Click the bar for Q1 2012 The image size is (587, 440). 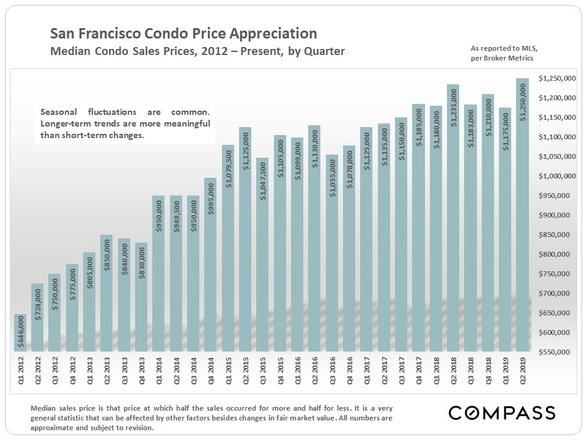20,333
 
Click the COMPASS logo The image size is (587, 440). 501,413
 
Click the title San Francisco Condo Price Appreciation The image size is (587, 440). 183,34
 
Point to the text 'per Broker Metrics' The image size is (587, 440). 501,58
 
